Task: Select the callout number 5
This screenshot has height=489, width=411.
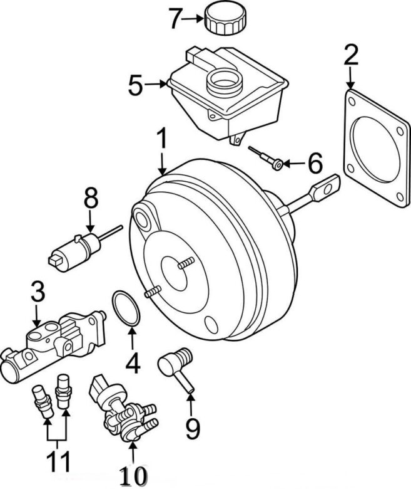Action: [x=135, y=86]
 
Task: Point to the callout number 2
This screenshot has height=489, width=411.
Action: [x=351, y=56]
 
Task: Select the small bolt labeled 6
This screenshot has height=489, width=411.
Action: [x=266, y=156]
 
